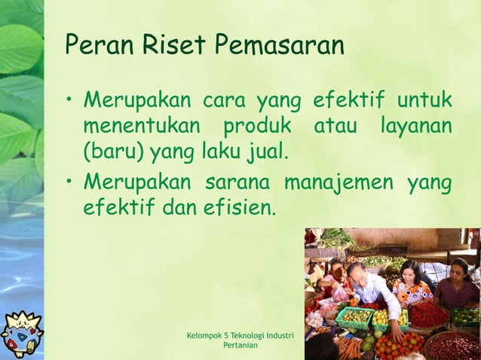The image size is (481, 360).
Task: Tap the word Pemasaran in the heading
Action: [x=280, y=47]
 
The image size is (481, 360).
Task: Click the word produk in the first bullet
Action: [x=256, y=127]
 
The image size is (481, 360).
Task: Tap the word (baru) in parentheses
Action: [x=114, y=154]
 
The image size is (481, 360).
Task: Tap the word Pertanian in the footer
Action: [x=240, y=345]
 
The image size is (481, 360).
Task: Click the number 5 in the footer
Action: [x=227, y=334]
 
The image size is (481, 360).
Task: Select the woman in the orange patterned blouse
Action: [x=411, y=284]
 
